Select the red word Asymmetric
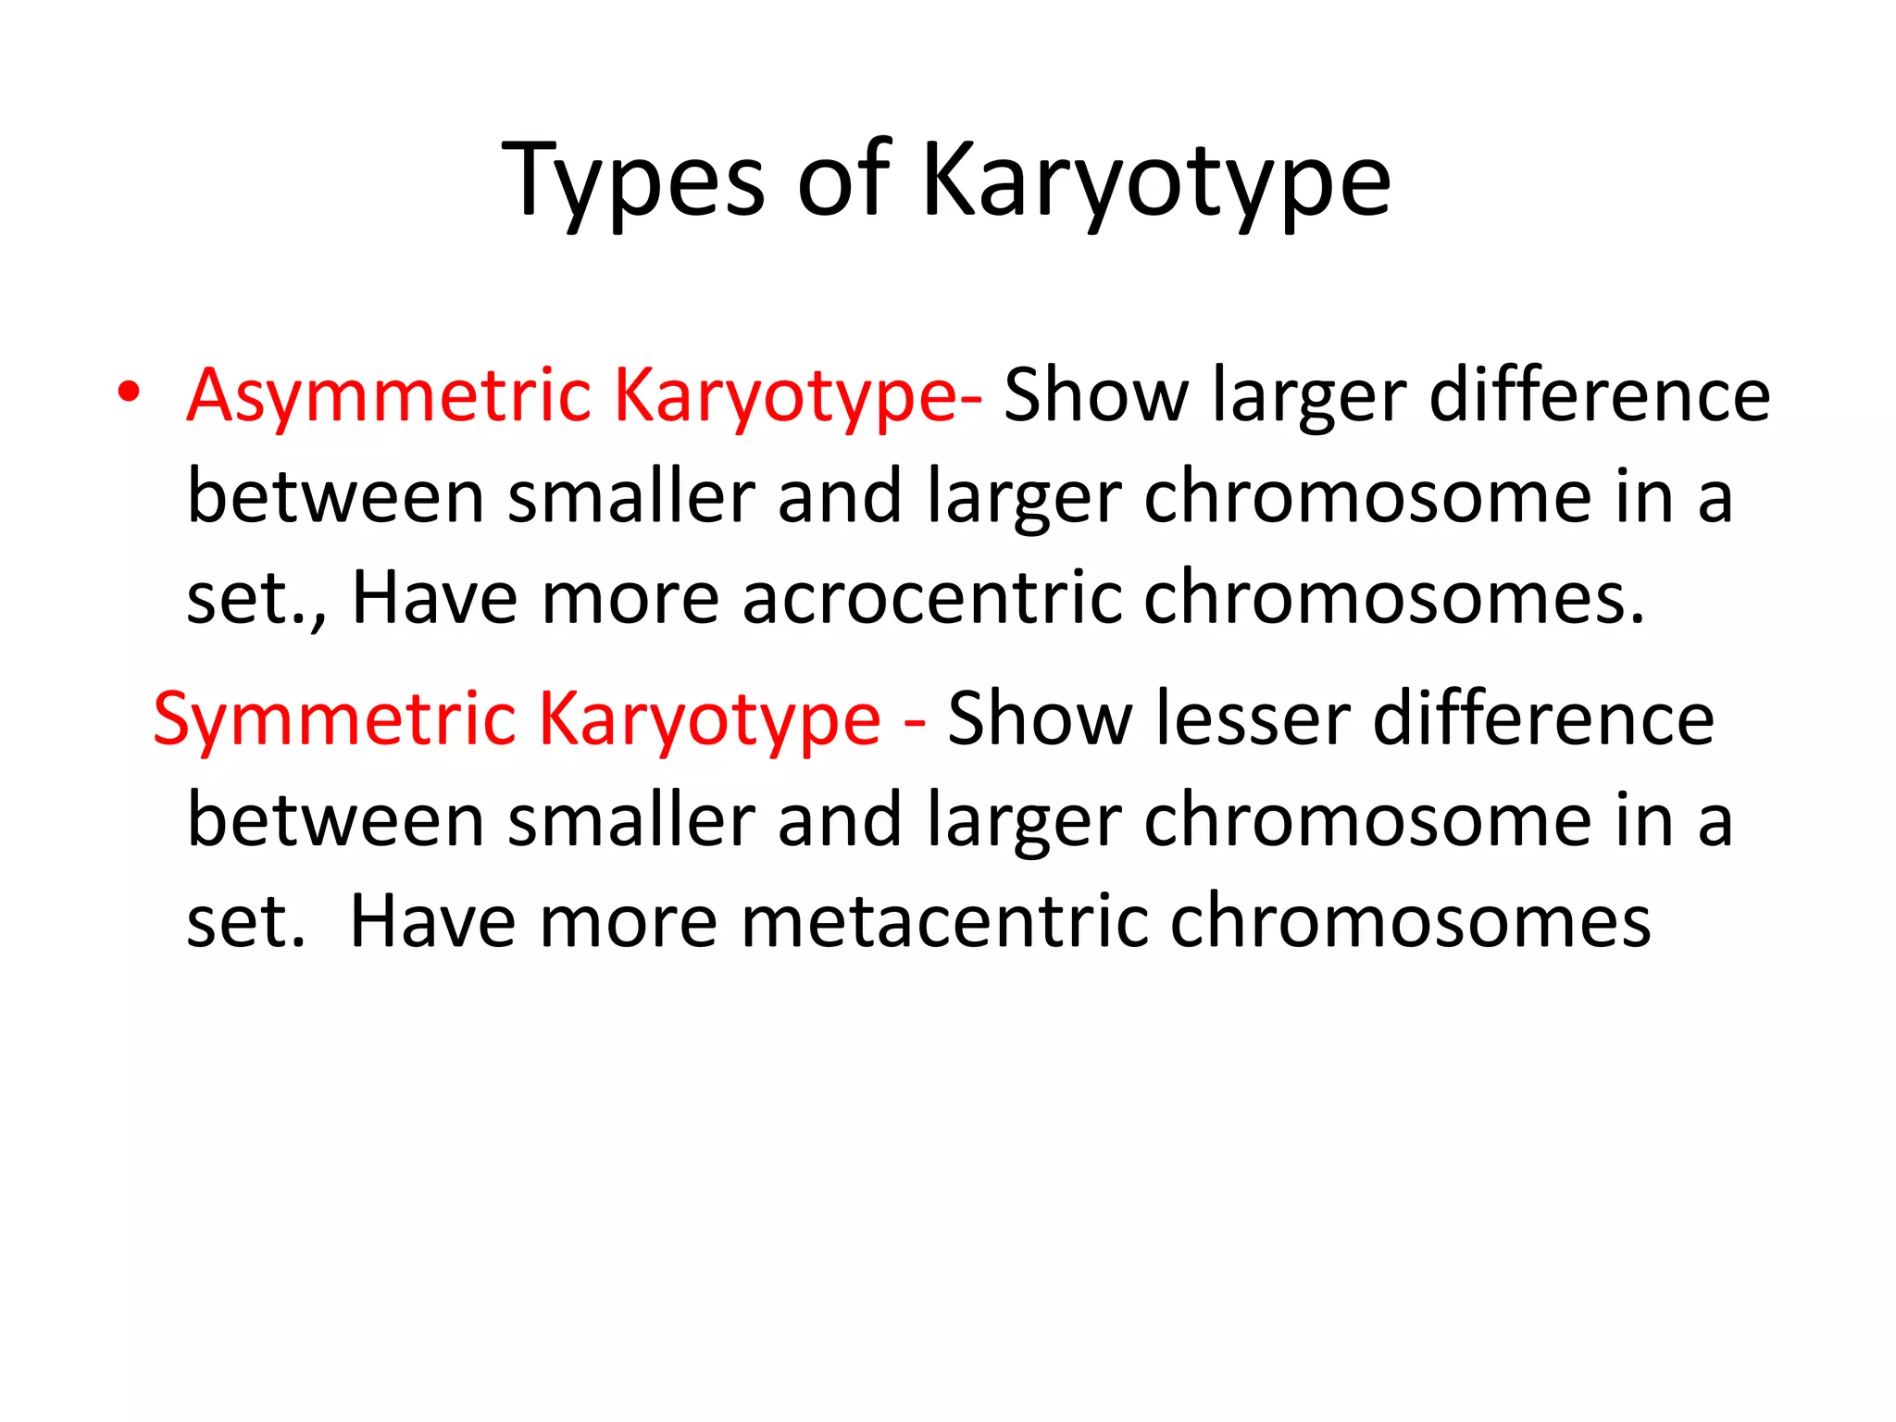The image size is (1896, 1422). pyautogui.click(x=389, y=396)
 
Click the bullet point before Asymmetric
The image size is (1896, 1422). pyautogui.click(x=129, y=393)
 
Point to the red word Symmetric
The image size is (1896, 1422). pyautogui.click(x=334, y=719)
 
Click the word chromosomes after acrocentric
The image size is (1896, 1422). pyautogui.click(x=1394, y=598)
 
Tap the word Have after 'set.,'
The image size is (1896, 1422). pyautogui.click(x=435, y=598)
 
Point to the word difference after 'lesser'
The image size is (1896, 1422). pyautogui.click(x=1543, y=719)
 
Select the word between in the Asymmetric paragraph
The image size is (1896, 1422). pyautogui.click(x=336, y=497)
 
